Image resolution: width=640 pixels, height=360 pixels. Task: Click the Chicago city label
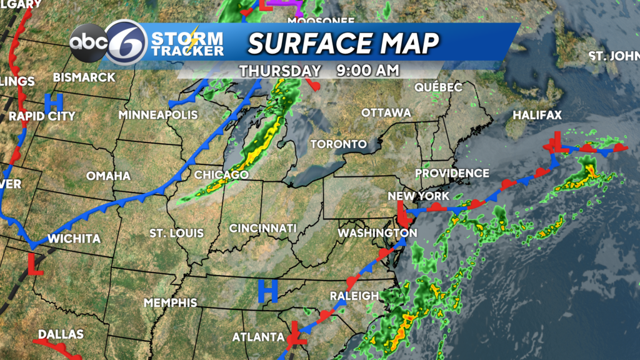pos(222,174)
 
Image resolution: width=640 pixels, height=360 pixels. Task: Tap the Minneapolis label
pos(158,116)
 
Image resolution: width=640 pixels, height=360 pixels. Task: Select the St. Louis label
pos(176,233)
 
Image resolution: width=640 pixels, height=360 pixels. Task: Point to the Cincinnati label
pos(262,228)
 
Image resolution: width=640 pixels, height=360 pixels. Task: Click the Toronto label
pos(339,144)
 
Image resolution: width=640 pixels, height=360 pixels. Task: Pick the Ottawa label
pos(386,113)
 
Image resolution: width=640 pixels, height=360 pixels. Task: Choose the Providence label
pos(452,173)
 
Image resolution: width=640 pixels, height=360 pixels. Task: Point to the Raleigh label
pos(354,296)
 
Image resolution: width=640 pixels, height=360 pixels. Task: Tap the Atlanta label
pos(259,337)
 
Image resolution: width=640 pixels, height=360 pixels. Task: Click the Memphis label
pos(171,302)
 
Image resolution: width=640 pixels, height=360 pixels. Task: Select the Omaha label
pos(108,176)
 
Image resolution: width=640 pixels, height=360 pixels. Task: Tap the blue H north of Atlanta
pos(267,289)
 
